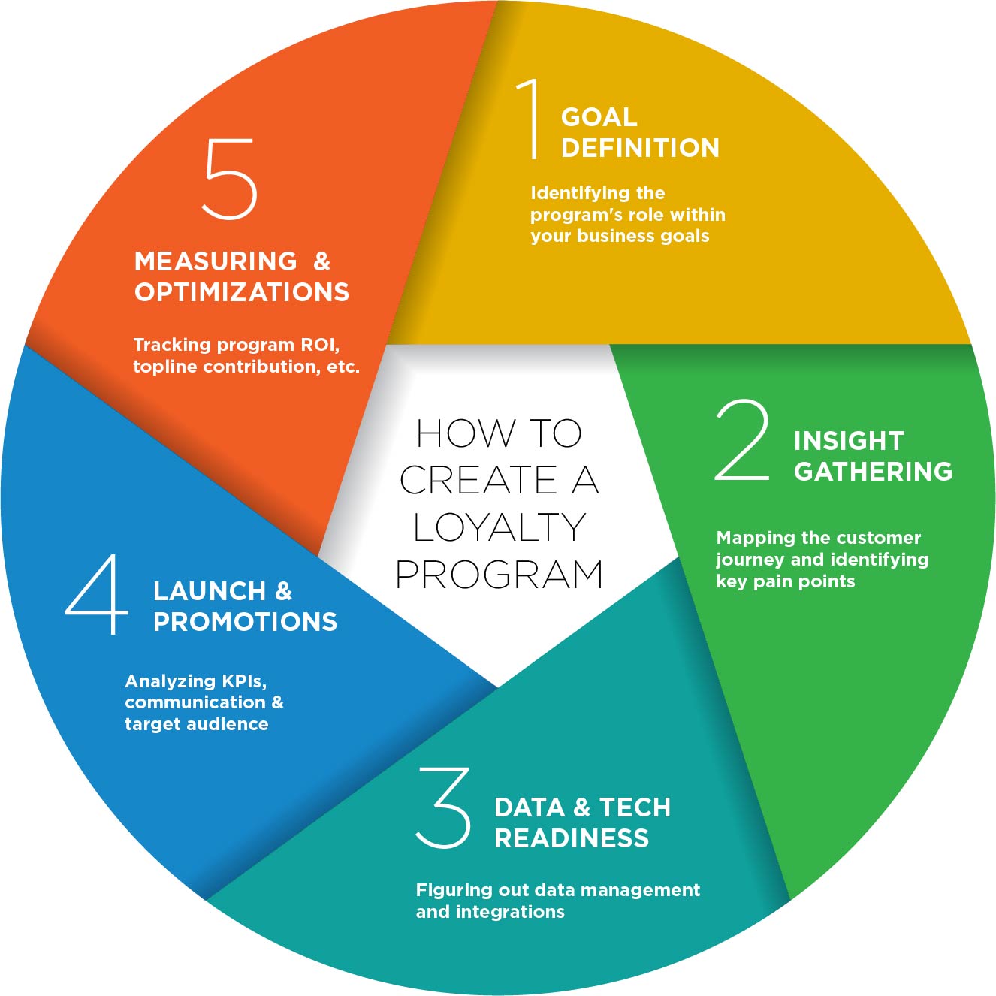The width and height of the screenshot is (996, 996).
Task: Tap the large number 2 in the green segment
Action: pos(742,440)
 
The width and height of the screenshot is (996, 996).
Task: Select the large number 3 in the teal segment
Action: pos(444,808)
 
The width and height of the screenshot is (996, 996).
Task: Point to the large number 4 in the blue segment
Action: pos(98,594)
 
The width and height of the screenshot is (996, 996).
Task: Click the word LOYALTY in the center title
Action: pos(500,527)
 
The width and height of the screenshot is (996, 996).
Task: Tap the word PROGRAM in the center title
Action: pos(500,575)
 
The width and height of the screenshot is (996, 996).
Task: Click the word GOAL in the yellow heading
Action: pos(599,117)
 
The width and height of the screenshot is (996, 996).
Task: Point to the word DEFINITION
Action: pos(640,148)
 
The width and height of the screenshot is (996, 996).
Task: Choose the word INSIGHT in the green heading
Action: pos(848,441)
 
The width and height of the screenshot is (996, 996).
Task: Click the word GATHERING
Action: pos(873,472)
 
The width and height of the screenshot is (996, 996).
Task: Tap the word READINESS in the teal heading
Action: pos(571,838)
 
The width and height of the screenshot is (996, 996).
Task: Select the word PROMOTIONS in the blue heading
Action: pos(245,622)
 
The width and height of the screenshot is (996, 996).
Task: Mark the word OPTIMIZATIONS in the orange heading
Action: pos(242,292)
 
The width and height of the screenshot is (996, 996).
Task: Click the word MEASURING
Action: pos(216,261)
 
